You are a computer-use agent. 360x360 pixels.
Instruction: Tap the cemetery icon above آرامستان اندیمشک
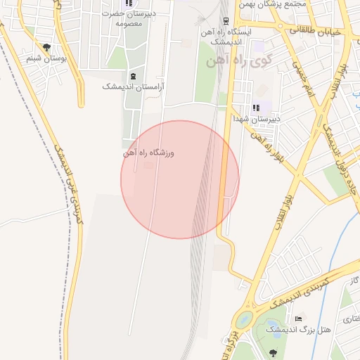point(133,76)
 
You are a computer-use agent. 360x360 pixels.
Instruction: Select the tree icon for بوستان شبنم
point(46,48)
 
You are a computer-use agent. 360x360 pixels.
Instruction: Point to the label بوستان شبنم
point(46,58)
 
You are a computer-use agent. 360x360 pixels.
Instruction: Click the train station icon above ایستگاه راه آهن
point(226,21)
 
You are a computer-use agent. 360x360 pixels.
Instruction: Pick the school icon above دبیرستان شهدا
point(256,108)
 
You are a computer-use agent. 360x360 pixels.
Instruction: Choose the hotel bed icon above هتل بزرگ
point(298,319)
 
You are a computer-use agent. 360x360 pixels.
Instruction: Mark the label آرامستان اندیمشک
point(133,86)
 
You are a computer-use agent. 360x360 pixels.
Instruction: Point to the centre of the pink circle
point(180,179)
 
